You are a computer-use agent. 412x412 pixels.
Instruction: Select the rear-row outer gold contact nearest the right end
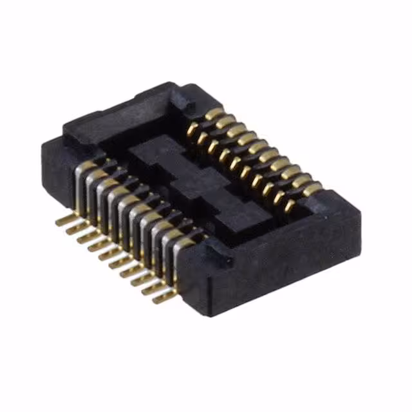(x=312, y=189)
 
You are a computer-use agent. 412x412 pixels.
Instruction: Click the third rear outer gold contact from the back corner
(x=237, y=131)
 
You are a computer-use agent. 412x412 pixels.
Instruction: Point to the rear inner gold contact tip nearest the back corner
(x=192, y=129)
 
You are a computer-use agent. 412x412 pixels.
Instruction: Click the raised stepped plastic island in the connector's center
(x=187, y=183)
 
